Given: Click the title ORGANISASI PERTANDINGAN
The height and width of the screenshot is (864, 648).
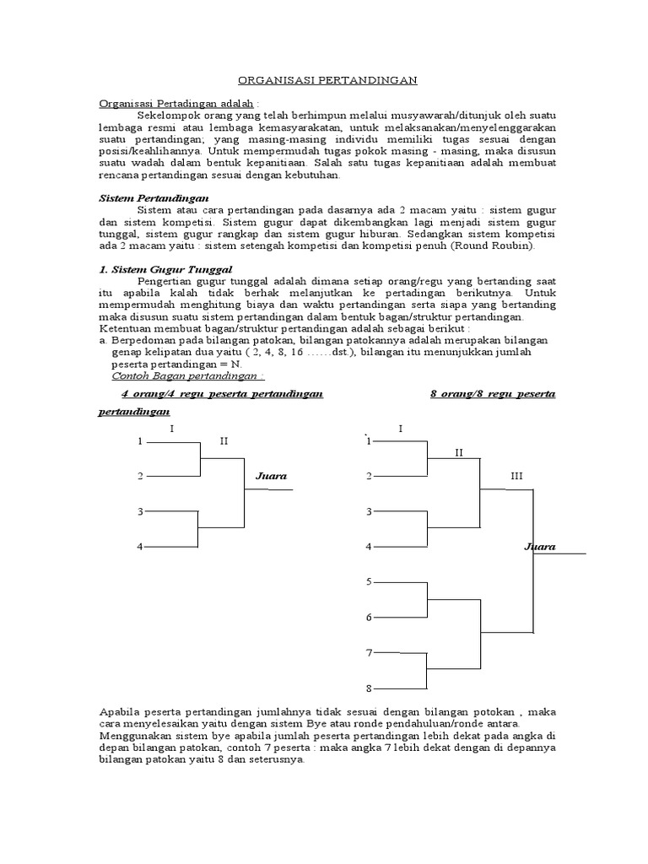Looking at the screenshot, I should pyautogui.click(x=327, y=80).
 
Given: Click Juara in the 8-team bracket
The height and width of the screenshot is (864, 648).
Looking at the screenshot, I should pyautogui.click(x=540, y=547).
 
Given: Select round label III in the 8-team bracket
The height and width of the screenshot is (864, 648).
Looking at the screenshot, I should pyautogui.click(x=516, y=476).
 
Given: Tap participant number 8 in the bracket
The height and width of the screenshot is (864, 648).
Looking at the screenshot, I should pyautogui.click(x=368, y=688).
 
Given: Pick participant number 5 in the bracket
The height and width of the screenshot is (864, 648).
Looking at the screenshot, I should pyautogui.click(x=368, y=582).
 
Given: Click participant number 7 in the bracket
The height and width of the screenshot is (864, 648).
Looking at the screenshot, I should pyautogui.click(x=368, y=653).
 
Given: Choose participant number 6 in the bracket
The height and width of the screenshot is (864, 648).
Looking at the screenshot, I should pyautogui.click(x=368, y=618).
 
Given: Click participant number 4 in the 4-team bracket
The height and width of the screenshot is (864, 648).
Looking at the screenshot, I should pyautogui.click(x=140, y=547).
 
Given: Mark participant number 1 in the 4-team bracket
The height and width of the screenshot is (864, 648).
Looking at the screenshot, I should pyautogui.click(x=140, y=440).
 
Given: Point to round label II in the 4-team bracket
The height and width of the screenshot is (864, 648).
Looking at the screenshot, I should pyautogui.click(x=224, y=440).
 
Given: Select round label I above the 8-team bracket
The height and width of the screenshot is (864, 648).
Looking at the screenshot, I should pyautogui.click(x=400, y=429).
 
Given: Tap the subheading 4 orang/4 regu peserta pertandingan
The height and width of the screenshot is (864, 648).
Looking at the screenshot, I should pyautogui.click(x=223, y=394).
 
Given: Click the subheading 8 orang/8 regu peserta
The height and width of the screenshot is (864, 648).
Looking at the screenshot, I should pyautogui.click(x=493, y=394).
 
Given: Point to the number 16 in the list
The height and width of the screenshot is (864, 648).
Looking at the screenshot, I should pyautogui.click(x=275, y=352).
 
